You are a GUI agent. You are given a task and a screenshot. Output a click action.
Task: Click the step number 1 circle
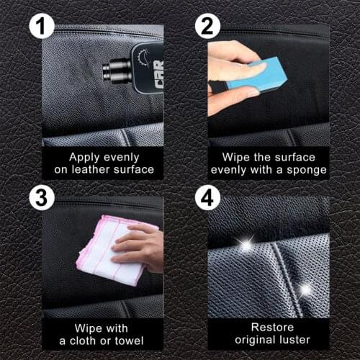[42, 28]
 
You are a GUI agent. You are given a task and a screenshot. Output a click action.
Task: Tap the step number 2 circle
[207, 28]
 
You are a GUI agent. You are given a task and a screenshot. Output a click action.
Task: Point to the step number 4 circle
[207, 197]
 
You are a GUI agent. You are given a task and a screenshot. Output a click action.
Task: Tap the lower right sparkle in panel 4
[305, 289]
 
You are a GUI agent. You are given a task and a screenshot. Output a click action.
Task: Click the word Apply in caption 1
[84, 156]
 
